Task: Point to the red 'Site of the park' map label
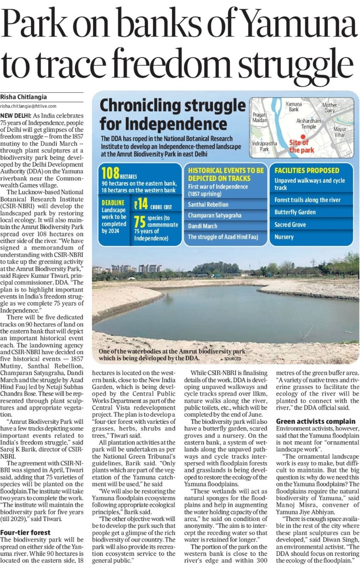click(x=300, y=146)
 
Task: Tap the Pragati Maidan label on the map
click(x=260, y=117)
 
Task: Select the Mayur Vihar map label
click(x=340, y=132)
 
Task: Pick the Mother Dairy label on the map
click(x=330, y=108)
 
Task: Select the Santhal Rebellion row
click(x=208, y=204)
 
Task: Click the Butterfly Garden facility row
click(x=295, y=212)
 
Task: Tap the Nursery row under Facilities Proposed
click(x=284, y=237)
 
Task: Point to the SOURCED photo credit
click(x=231, y=358)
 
